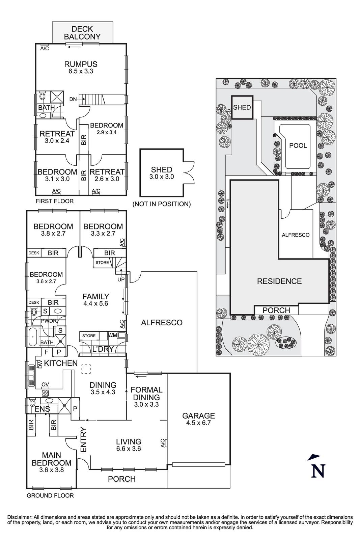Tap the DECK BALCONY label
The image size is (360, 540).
(x=82, y=33)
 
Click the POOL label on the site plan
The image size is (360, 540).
(x=298, y=145)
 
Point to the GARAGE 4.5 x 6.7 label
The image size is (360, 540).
(x=198, y=419)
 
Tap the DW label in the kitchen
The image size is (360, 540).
(x=40, y=364)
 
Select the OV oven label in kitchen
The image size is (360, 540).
(x=45, y=384)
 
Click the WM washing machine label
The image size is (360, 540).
(x=112, y=335)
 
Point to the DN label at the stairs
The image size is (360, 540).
(x=73, y=99)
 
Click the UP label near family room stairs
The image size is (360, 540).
(x=120, y=279)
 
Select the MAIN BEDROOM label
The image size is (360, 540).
(x=51, y=459)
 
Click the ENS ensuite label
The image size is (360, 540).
(x=43, y=409)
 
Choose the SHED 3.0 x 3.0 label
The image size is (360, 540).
(x=162, y=173)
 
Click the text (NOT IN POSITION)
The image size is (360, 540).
(x=162, y=204)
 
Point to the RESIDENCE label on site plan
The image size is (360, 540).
(x=279, y=281)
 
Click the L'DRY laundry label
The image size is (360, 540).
(x=103, y=349)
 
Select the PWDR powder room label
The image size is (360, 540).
(x=49, y=321)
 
